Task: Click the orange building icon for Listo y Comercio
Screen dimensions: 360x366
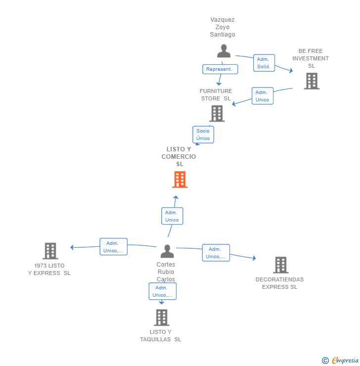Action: point(180,180)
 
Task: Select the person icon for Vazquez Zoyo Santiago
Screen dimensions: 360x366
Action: point(224,51)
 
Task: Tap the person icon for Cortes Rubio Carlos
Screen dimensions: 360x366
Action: point(167,251)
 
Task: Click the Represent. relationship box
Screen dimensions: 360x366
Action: point(220,69)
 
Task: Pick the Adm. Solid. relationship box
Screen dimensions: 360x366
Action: point(264,63)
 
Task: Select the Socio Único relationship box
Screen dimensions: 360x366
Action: point(203,135)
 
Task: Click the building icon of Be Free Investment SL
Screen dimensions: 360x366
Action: point(312,81)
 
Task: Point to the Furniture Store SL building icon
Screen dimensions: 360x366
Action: point(217,114)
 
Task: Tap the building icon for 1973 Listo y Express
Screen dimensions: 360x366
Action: point(50,251)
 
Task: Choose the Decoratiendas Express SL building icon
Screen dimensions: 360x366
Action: point(281,265)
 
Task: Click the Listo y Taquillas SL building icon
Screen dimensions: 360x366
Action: point(162,318)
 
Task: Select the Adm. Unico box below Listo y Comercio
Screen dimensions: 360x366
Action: point(172,216)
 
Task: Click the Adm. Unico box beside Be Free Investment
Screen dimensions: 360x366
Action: point(263,96)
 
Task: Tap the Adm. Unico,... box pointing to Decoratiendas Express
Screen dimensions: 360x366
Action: point(216,253)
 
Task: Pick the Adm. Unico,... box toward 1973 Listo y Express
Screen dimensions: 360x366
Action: point(113,247)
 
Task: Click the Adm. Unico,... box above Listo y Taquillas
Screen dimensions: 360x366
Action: point(163,291)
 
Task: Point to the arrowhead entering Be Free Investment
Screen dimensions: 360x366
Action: point(291,70)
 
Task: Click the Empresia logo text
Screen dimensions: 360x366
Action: point(345,360)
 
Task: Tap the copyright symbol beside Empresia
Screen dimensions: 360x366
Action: point(325,361)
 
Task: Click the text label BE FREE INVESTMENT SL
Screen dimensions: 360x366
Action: point(311,58)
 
